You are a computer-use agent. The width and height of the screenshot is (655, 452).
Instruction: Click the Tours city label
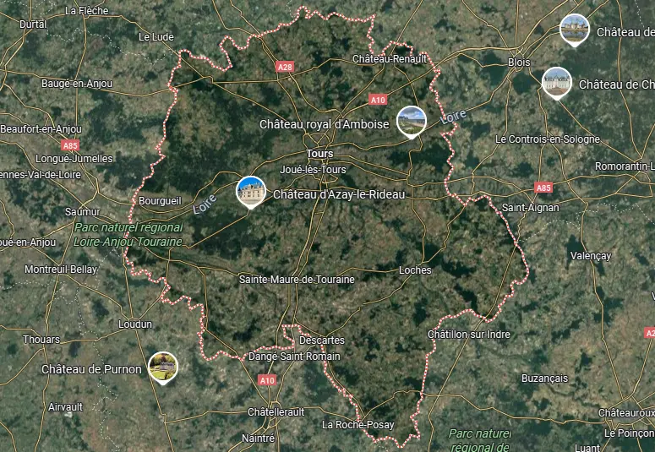[x=320, y=154]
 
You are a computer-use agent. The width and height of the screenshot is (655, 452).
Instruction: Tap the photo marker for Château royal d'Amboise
[x=412, y=120]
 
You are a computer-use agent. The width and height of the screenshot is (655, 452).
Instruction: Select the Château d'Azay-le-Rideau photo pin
[x=251, y=191]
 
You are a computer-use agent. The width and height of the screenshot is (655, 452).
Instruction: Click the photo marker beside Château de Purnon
[x=162, y=367]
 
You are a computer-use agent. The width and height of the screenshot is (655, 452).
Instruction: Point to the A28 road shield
[x=285, y=65]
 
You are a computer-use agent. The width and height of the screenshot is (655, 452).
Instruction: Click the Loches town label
[x=414, y=270]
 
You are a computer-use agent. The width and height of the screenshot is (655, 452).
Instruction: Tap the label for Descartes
[x=321, y=340]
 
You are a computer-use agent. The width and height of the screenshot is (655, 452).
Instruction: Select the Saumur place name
[x=82, y=211]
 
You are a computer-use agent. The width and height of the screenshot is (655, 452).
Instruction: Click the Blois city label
[x=519, y=63]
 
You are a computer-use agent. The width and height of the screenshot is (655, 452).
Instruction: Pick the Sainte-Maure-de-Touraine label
[x=297, y=279]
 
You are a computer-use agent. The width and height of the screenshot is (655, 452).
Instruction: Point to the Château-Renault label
[x=389, y=58]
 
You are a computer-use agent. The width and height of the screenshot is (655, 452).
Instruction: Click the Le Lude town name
[x=156, y=37]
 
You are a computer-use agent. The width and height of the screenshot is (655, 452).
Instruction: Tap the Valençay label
[x=590, y=255]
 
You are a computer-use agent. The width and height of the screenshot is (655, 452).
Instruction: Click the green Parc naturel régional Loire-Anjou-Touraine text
[x=128, y=234]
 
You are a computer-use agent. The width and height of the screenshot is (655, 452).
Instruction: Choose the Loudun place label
[x=135, y=324]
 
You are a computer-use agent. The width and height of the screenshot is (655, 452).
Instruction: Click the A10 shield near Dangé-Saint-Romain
[x=267, y=380]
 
